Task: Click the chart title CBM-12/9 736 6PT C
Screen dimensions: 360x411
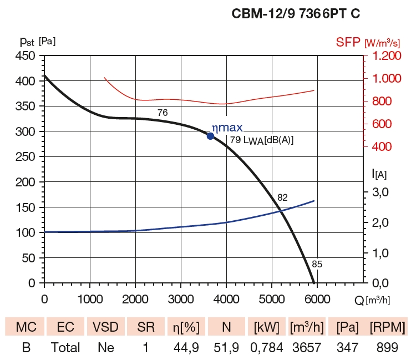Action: click(x=296, y=14)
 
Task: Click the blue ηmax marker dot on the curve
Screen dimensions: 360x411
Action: click(x=211, y=136)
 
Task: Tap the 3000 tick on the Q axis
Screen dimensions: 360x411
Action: click(x=180, y=299)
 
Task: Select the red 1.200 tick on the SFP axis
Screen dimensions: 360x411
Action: click(x=386, y=56)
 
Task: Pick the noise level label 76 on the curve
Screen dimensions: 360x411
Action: click(x=163, y=113)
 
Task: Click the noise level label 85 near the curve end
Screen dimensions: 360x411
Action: click(x=317, y=264)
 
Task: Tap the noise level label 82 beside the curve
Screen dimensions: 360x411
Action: click(x=283, y=197)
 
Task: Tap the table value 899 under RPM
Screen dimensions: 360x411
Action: click(x=387, y=348)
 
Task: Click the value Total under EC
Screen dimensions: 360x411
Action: click(x=66, y=348)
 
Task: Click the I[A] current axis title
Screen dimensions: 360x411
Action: click(x=379, y=174)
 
